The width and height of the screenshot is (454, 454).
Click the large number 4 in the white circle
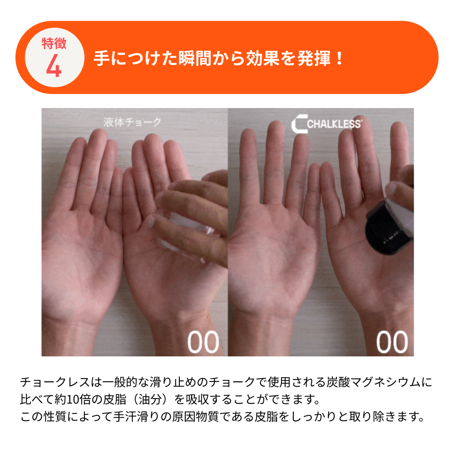(54, 65)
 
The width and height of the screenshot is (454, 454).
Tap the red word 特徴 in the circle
(54, 44)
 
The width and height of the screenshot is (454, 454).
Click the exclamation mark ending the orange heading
(339, 58)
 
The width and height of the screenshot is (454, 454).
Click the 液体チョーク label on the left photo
(132, 122)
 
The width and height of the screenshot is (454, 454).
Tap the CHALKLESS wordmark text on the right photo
(334, 124)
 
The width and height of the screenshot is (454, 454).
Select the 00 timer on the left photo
(203, 342)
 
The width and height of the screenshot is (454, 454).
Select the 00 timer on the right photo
(392, 342)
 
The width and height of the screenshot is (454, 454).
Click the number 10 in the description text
(72, 400)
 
